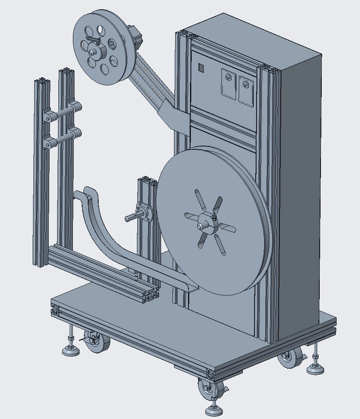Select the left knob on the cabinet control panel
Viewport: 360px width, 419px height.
click(x=228, y=78)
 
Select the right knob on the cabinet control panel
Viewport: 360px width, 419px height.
click(x=245, y=84)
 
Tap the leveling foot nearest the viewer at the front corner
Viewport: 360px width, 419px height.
click(x=214, y=409)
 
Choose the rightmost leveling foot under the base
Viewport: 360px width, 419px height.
click(x=315, y=367)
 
